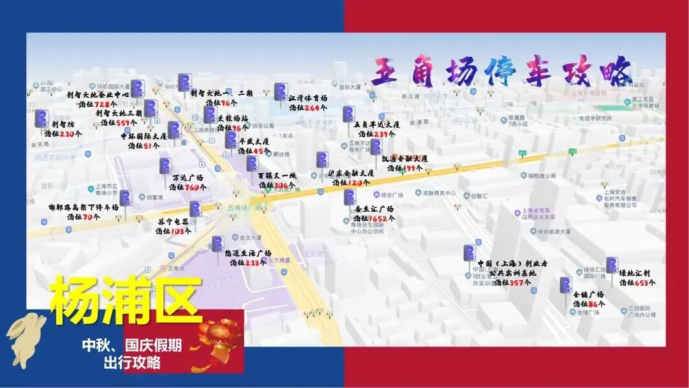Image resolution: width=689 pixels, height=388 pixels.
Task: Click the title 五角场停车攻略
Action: pos(501,71)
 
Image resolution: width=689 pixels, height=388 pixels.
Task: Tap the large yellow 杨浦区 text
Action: pos(126,301)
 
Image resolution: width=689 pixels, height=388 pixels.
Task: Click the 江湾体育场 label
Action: pos(307,98)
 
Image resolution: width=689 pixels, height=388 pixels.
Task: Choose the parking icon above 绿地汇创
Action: pos(612,265)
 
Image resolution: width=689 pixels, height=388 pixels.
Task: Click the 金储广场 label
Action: pos(588,294)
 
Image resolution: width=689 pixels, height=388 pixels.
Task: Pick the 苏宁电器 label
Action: pos(173,221)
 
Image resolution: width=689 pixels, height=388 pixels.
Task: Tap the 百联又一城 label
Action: pos(278,175)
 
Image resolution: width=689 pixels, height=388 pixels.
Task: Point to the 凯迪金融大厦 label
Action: pos(404,158)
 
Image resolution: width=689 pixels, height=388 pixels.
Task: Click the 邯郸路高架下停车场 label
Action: pos(84,207)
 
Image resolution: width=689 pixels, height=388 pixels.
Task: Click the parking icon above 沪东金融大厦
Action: pos(323,160)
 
